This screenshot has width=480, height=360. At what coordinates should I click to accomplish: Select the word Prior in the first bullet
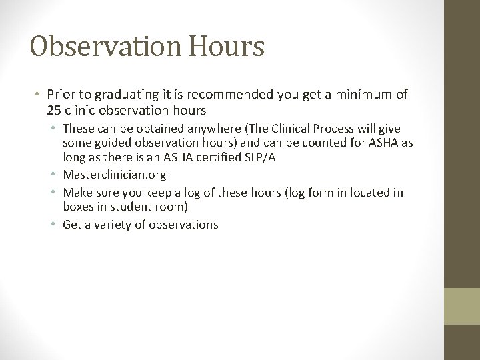[x=61, y=95]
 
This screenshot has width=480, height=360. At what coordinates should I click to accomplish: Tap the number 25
[x=55, y=109]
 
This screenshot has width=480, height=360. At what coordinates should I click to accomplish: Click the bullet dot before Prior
[x=39, y=95]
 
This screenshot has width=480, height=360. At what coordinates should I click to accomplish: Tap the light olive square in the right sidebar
[x=462, y=306]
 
